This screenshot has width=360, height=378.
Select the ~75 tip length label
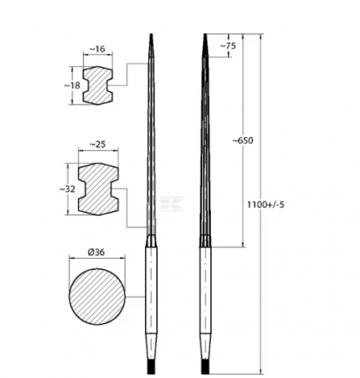click(x=228, y=45)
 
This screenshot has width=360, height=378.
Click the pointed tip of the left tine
click(x=151, y=39)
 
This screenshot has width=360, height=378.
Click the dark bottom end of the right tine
click(x=205, y=364)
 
